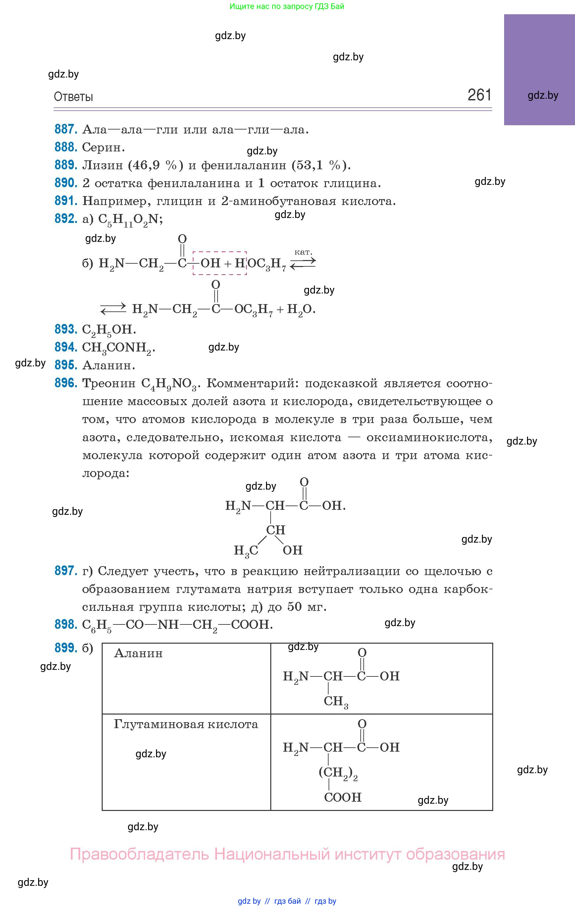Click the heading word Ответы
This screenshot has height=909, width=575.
pos(73,97)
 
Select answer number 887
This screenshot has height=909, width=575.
pos(66,130)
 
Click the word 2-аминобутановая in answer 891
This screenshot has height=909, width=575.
pos(279,201)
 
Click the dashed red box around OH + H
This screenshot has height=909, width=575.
pos(219,263)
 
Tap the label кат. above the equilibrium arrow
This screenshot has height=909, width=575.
pos(303,252)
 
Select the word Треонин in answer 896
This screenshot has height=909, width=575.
pos(109,384)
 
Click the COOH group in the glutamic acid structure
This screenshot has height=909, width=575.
pos(342,797)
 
